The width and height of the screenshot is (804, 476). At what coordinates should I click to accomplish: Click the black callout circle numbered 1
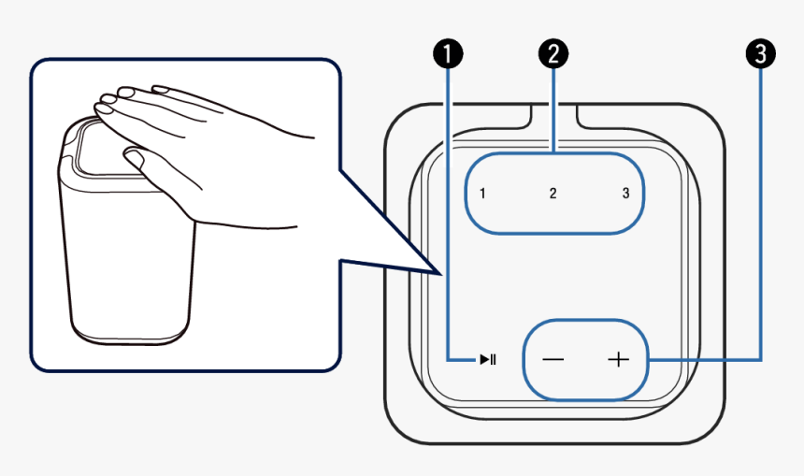point(451,54)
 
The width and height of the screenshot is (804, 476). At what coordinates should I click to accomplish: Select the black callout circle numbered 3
point(762,54)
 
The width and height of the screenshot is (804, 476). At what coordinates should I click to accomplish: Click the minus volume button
point(553,360)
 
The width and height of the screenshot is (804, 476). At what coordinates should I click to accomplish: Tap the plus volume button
point(618,360)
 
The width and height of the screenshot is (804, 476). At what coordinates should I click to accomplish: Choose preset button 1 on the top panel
point(481,195)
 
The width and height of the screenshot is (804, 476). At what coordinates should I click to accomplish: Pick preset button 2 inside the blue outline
point(553,195)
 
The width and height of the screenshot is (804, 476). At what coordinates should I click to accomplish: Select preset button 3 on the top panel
point(625,195)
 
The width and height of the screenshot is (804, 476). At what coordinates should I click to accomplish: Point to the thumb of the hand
point(136,157)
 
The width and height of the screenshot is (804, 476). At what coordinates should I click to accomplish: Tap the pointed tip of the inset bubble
point(438,272)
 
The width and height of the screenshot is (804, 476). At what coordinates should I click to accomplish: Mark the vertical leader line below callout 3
point(762,215)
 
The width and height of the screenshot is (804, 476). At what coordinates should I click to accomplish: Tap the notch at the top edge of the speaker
point(553,116)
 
